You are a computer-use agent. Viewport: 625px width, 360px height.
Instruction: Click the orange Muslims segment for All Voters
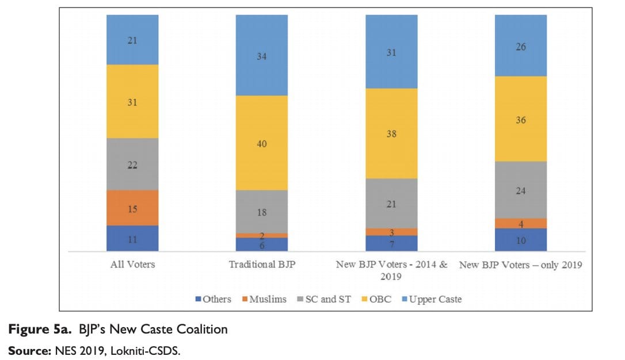click(132, 208)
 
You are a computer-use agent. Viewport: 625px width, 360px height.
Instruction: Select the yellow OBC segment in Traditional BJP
click(262, 143)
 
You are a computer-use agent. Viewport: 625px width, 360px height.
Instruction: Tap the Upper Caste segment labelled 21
click(132, 40)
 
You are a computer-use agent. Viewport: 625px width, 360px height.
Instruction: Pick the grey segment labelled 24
click(521, 190)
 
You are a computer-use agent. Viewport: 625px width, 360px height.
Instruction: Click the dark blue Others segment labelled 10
click(521, 240)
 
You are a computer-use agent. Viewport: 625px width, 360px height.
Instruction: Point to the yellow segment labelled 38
click(391, 133)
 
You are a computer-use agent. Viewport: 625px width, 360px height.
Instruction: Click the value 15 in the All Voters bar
click(132, 209)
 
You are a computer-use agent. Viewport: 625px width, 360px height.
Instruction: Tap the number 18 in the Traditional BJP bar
click(262, 212)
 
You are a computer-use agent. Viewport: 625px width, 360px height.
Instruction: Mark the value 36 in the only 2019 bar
click(521, 120)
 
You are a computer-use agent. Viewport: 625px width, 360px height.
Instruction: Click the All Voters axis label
click(132, 265)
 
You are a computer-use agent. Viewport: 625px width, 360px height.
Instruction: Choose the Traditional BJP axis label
click(262, 265)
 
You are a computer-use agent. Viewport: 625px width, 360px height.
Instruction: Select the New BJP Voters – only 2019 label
click(521, 265)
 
